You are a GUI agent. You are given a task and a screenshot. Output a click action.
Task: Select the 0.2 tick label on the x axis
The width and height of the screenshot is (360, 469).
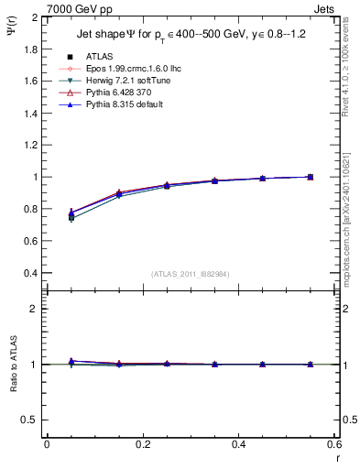pos(142,443)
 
